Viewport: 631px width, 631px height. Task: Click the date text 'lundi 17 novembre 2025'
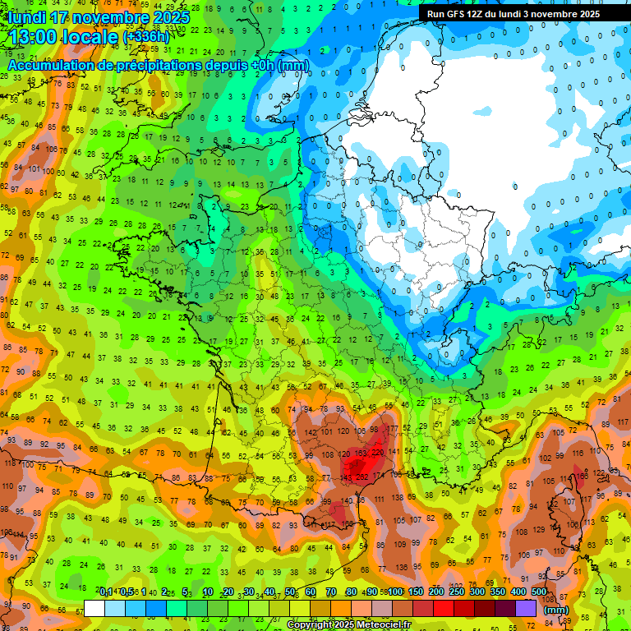tap(99, 17)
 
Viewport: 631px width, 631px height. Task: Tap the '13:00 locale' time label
tap(62, 37)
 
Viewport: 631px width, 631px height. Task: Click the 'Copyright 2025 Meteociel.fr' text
tap(348, 625)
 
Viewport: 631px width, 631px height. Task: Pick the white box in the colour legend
tap(94, 609)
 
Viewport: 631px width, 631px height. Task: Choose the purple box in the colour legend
tap(526, 609)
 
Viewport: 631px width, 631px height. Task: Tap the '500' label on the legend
tap(538, 592)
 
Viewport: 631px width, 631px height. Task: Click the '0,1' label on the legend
tap(106, 592)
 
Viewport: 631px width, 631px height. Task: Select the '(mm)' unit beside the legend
tap(556, 610)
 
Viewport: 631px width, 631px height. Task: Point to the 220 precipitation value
tap(377, 452)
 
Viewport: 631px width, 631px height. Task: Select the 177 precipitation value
tap(394, 429)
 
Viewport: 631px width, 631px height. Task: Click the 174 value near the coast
tap(378, 476)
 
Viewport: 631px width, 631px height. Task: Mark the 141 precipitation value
tap(394, 451)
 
